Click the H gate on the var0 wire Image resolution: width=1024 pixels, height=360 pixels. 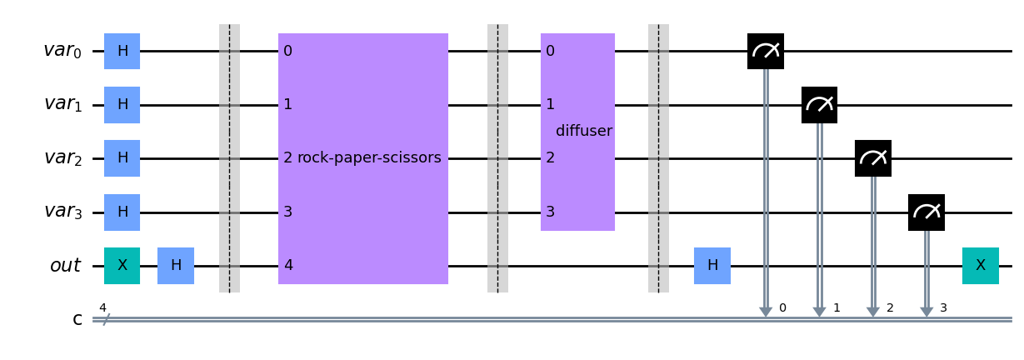click(x=122, y=51)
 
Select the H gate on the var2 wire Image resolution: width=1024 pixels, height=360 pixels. click(x=122, y=158)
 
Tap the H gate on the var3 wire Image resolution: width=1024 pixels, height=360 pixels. click(x=122, y=212)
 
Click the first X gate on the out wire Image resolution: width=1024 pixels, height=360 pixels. click(x=122, y=266)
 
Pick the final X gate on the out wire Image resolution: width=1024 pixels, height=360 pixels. click(x=981, y=266)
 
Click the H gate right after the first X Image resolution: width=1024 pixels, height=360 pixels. click(x=176, y=266)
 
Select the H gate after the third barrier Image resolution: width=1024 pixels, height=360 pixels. click(x=712, y=266)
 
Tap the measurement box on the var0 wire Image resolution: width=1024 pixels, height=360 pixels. click(x=766, y=51)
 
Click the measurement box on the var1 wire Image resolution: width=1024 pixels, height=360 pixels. click(x=819, y=105)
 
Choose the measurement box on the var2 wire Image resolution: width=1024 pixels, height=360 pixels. click(x=873, y=158)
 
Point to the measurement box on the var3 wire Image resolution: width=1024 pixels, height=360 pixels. click(x=927, y=212)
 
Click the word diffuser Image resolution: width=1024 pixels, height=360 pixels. click(x=584, y=131)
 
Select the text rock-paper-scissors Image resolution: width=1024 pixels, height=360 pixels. click(x=369, y=157)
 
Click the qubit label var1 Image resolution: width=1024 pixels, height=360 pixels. click(x=63, y=104)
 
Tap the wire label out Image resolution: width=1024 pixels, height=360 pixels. click(x=65, y=265)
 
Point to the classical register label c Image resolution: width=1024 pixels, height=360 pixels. click(x=77, y=320)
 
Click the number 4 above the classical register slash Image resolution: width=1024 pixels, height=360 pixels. click(x=102, y=307)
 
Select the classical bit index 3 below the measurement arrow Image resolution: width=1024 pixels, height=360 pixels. click(x=943, y=307)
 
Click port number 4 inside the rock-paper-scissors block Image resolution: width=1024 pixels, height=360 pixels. click(x=288, y=265)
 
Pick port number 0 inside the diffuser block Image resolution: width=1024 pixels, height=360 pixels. click(x=551, y=51)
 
